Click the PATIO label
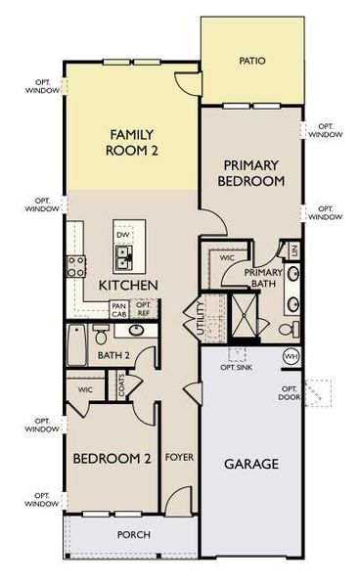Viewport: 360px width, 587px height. coord(252,61)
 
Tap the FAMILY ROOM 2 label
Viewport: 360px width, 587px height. coord(132,142)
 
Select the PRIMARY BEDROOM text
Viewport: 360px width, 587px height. coord(250,173)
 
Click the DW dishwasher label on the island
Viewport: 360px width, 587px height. coord(123,235)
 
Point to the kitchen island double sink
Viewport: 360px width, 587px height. coord(123,257)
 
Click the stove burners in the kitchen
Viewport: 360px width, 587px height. coord(75,266)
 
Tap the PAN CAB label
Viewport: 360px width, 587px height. coord(119,310)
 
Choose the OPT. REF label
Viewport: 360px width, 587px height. coord(144,309)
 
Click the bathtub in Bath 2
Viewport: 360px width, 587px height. coord(76,344)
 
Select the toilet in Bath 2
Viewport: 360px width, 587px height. coord(100,335)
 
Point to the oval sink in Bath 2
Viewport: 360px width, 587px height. coord(135,331)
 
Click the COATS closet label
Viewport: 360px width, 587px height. coord(121,385)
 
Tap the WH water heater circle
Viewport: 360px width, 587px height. coord(292,356)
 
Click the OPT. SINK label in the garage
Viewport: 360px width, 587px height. coord(236,368)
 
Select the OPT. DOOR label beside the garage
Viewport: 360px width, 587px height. coord(290,392)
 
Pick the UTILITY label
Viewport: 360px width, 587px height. coord(201,319)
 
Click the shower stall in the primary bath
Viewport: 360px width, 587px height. coord(244,315)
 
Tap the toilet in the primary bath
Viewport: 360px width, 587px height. coord(289,329)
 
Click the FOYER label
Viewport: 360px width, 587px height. coord(179,457)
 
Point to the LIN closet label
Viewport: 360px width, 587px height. coord(294,249)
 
